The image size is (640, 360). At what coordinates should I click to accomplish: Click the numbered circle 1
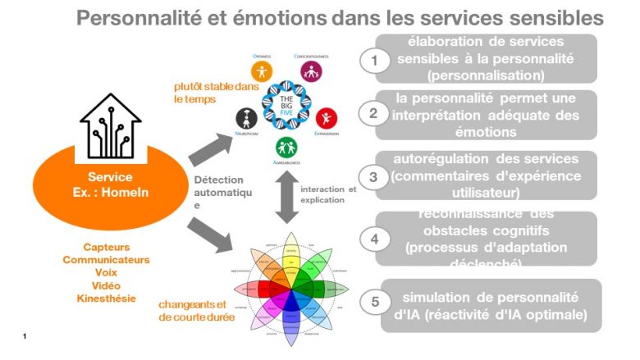(x=374, y=60)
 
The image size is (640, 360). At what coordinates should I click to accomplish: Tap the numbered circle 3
(x=373, y=175)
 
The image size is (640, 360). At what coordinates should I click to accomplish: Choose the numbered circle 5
(x=375, y=301)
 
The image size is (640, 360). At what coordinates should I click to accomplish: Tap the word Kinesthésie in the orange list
(x=107, y=298)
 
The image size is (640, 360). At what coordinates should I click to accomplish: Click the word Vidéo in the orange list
(x=107, y=285)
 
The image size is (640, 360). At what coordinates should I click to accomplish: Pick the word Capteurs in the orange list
(x=107, y=246)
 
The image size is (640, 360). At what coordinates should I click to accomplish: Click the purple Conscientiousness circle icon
(x=310, y=71)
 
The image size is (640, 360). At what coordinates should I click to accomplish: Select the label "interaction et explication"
(x=328, y=194)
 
